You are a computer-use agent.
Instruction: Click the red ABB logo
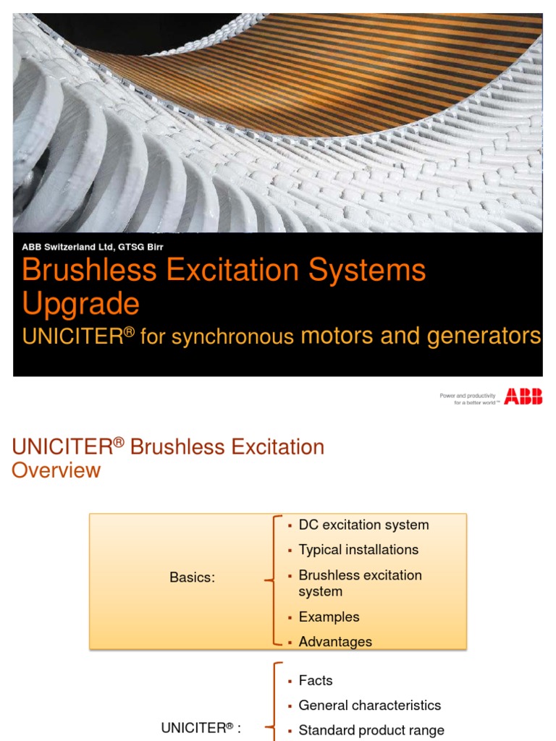tap(523, 396)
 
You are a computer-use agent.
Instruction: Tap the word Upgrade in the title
tap(80, 303)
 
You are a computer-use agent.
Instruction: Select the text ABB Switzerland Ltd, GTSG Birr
tap(92, 246)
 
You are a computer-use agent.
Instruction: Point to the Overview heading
tap(56, 470)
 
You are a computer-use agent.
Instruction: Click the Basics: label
tap(193, 577)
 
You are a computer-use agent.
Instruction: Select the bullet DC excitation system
tap(363, 525)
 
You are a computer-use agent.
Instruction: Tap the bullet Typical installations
tap(358, 549)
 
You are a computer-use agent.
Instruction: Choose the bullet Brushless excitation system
tap(360, 583)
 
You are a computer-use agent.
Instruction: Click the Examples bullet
tap(329, 617)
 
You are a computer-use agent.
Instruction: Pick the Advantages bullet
tap(335, 641)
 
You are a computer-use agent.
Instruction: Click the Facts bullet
tap(316, 680)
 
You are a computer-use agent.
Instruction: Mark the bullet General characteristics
tap(369, 705)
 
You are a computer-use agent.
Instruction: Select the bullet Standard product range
tap(371, 730)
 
